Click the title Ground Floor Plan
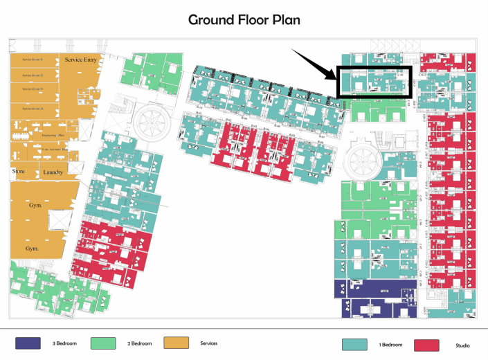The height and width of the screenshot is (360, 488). click(x=244, y=19)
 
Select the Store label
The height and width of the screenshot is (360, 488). click(x=19, y=171)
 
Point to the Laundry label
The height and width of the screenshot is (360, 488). click(x=53, y=172)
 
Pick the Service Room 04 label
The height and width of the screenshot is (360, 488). click(x=33, y=109)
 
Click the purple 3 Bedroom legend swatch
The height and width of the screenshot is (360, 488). click(x=28, y=343)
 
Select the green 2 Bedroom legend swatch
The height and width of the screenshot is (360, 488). click(x=102, y=343)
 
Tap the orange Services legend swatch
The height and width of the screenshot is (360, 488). click(x=177, y=343)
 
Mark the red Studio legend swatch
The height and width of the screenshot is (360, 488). click(x=426, y=345)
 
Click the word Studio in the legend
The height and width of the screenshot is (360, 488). click(x=463, y=345)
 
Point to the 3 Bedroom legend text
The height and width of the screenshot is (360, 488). click(x=64, y=343)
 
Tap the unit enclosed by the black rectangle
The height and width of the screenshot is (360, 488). click(x=374, y=82)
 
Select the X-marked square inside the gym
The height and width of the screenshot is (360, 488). click(x=53, y=221)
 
